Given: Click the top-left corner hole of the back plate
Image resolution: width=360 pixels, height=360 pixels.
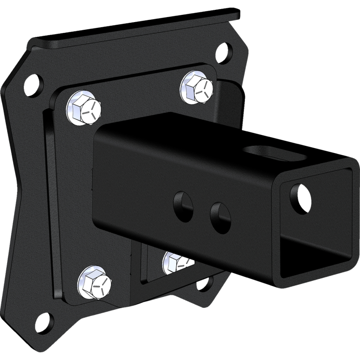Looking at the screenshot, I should point(31,85).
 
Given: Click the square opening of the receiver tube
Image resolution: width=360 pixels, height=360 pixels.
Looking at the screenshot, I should point(315,225).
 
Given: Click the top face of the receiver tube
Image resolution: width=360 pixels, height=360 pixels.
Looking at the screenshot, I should point(202,139).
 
